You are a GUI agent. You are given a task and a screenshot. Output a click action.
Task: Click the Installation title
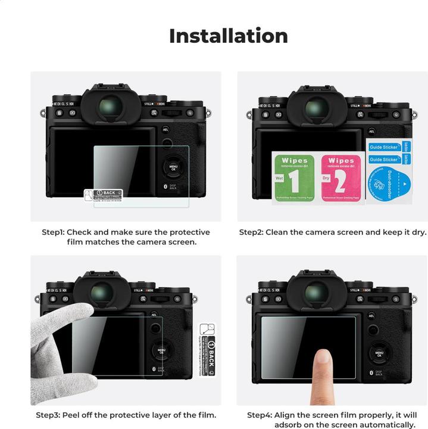[x=229, y=36]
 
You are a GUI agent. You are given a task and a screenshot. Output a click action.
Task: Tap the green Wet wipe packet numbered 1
[x=293, y=178]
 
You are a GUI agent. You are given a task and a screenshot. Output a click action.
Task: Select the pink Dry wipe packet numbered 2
[x=341, y=178]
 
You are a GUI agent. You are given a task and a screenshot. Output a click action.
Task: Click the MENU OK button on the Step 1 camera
[x=174, y=167]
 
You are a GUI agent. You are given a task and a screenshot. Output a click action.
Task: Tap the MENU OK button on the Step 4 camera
[x=380, y=353]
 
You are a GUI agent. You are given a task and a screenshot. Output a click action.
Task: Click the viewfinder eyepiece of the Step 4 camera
[x=315, y=293]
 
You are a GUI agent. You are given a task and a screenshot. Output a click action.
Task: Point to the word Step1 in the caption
[x=53, y=232]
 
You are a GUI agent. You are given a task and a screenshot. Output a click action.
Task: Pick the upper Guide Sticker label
[x=383, y=147]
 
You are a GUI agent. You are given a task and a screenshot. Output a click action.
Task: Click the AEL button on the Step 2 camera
[x=371, y=131]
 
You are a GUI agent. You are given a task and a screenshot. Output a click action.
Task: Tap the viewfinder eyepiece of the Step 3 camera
[x=102, y=293]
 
